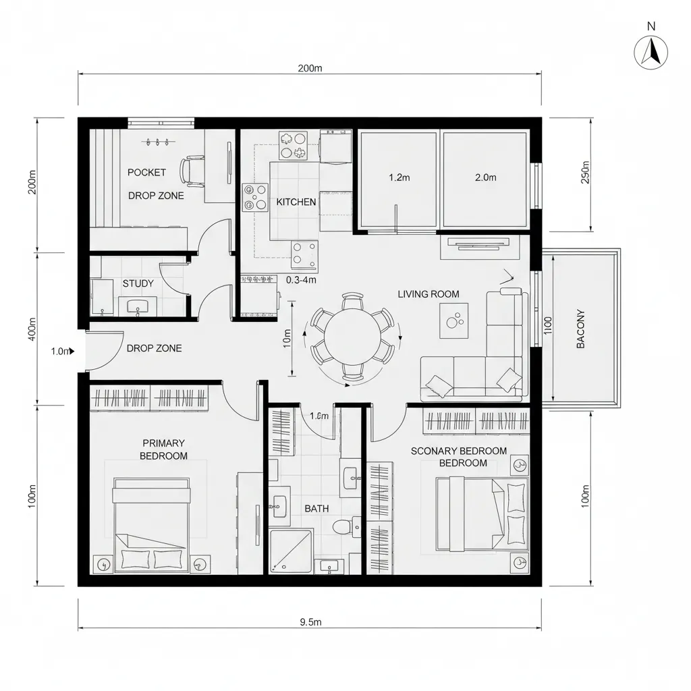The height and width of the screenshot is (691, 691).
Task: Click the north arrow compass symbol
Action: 651,52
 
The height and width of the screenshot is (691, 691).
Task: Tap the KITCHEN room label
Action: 296,202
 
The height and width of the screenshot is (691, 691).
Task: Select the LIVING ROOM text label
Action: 428,294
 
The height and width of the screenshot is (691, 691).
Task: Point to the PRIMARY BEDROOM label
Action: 163,449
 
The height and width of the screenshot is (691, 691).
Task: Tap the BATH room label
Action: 316,508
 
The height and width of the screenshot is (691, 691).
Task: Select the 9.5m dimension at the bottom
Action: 310,622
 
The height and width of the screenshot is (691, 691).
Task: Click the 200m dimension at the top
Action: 309,68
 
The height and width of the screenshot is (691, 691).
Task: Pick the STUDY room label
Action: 138,284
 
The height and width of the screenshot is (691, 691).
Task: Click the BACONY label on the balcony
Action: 580,329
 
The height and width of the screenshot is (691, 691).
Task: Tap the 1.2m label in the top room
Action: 399,178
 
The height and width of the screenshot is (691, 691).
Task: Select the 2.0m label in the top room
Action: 485,178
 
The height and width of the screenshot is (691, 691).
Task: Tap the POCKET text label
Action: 146,172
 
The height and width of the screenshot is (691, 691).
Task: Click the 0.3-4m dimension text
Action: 302,279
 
